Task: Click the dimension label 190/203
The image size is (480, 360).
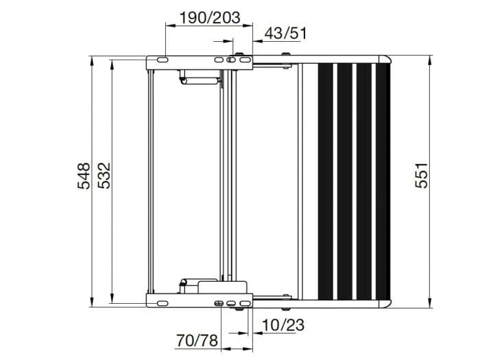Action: [x=209, y=17]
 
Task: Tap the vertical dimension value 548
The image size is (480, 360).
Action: [x=83, y=176]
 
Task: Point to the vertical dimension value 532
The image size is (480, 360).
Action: [x=104, y=176]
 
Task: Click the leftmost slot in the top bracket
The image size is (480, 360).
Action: [x=158, y=60]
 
